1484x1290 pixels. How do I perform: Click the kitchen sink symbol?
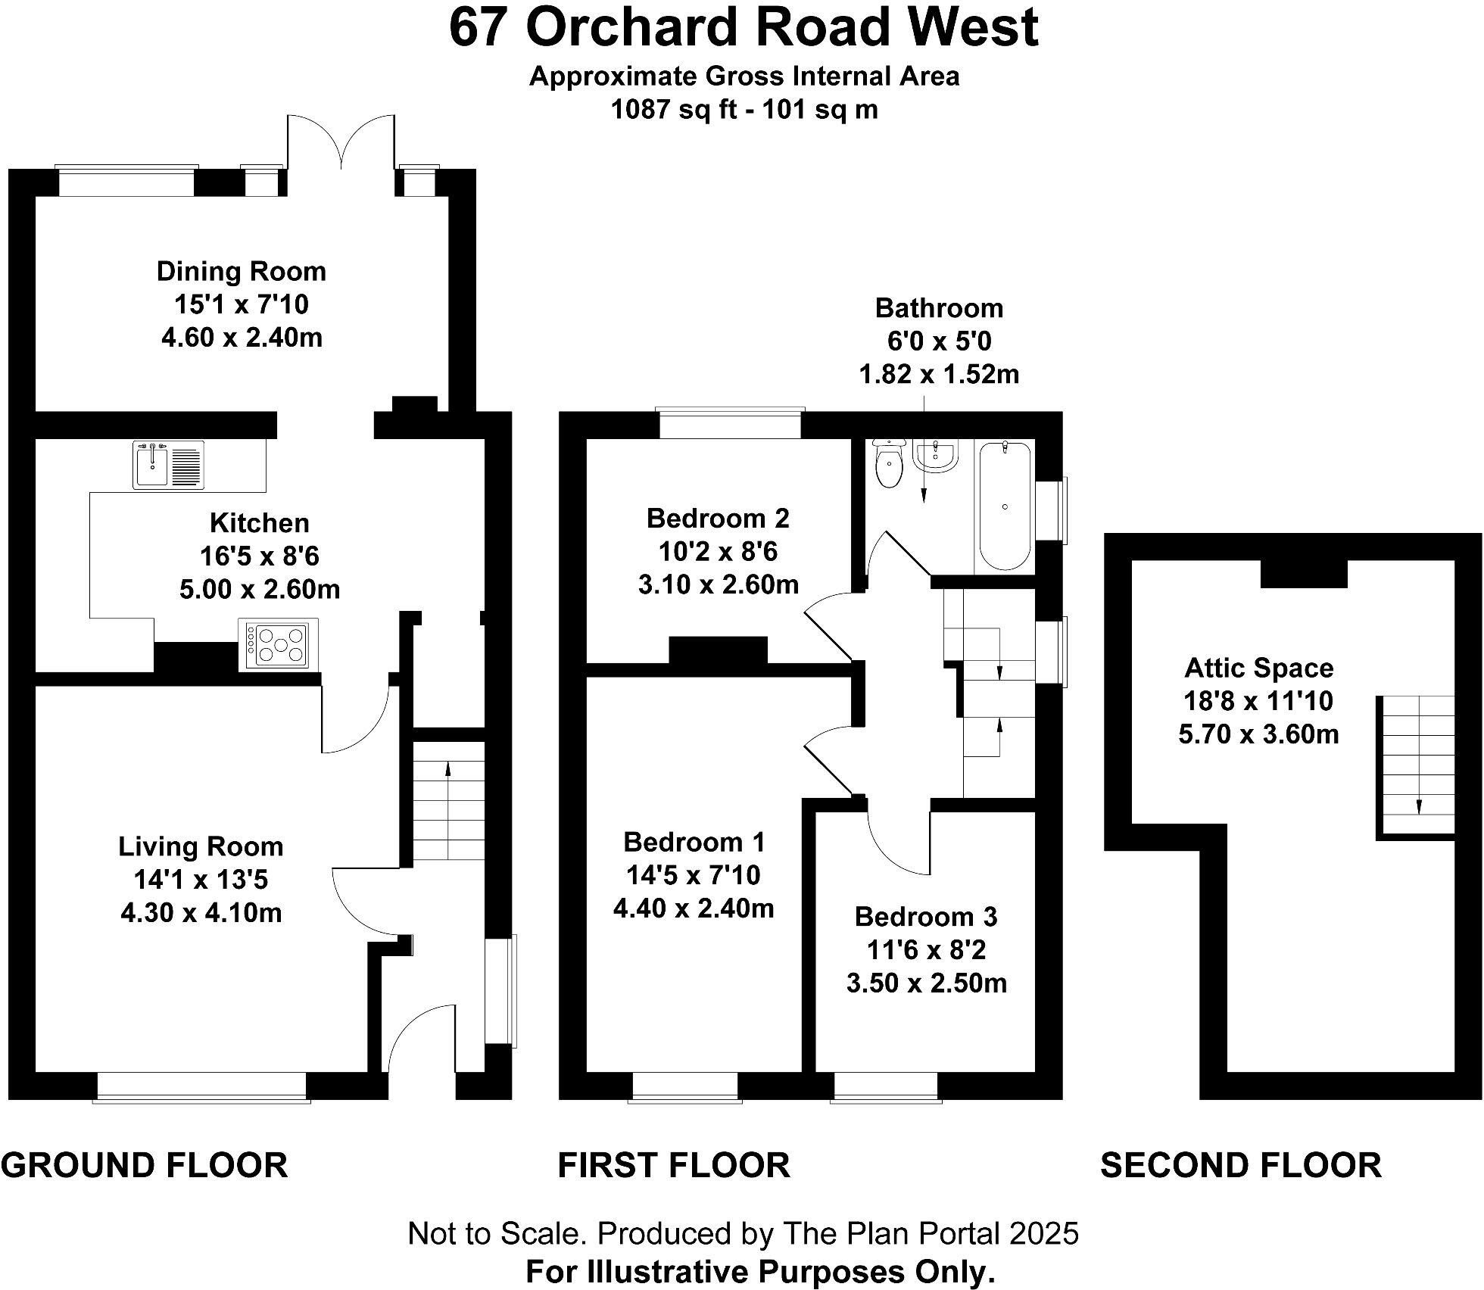pos(168,465)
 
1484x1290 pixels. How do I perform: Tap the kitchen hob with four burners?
pos(278,644)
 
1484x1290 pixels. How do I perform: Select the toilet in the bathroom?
pos(887,463)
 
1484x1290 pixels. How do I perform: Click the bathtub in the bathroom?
pos(1005,505)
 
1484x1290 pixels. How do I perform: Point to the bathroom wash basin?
pos(937,456)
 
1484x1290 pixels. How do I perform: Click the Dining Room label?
pos(241,271)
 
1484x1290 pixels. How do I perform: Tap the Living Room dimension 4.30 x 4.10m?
pos(201,913)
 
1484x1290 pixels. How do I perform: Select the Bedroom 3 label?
pos(926,917)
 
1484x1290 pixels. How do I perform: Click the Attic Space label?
pos(1258,668)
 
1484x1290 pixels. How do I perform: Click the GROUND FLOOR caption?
pos(144,1165)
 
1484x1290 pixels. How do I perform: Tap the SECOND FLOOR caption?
pos(1240,1165)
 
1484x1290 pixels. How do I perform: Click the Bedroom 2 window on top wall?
pos(730,423)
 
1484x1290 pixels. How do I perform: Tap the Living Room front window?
pos(201,1086)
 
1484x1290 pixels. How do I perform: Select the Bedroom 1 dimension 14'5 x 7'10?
pos(693,875)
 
